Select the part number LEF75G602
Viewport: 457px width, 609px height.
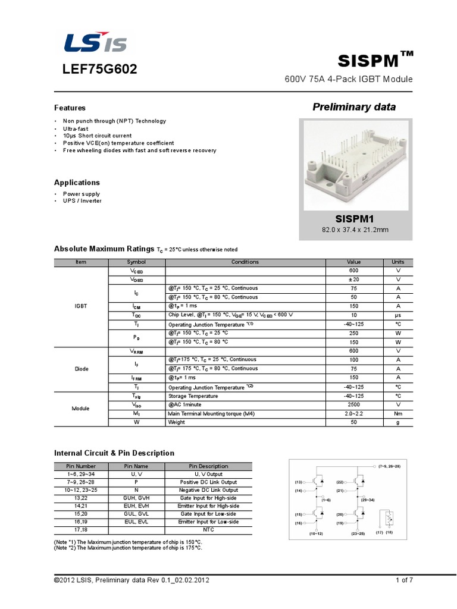(x=100, y=70)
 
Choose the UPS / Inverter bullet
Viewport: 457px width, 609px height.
(x=82, y=201)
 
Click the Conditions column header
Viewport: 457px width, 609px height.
(x=245, y=262)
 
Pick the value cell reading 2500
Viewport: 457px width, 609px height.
(x=353, y=404)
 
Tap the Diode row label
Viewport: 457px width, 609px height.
(x=81, y=369)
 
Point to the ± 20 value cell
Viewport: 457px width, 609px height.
(x=353, y=280)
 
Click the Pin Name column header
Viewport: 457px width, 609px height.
(x=136, y=466)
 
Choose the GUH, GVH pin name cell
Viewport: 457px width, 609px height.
(x=136, y=498)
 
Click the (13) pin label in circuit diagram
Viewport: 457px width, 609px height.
(x=299, y=482)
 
